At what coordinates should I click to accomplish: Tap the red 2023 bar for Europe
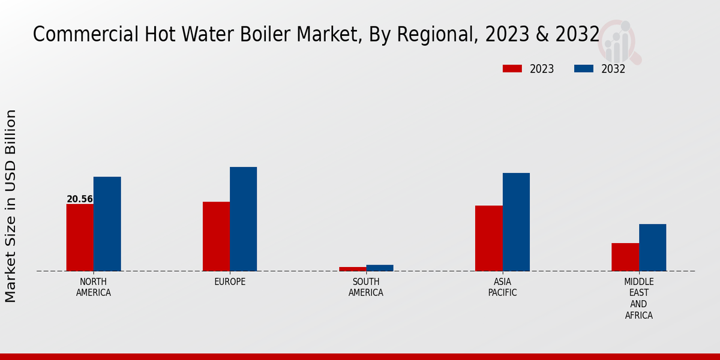pyautogui.click(x=216, y=236)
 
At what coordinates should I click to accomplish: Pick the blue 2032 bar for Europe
pyautogui.click(x=243, y=219)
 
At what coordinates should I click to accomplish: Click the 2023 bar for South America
pyautogui.click(x=352, y=269)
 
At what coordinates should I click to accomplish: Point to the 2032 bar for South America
pyautogui.click(x=380, y=268)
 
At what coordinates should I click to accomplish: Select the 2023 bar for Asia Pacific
pyautogui.click(x=488, y=238)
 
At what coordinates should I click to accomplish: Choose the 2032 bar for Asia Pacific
pyautogui.click(x=516, y=222)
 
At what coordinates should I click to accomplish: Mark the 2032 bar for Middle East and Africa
pyautogui.click(x=652, y=247)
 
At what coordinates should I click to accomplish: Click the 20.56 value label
pyautogui.click(x=80, y=199)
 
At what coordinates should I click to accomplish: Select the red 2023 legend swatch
pyautogui.click(x=512, y=68)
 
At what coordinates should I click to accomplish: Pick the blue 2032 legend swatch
pyautogui.click(x=583, y=68)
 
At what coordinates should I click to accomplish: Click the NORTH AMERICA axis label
pyautogui.click(x=94, y=287)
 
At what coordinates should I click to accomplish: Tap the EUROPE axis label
pyautogui.click(x=230, y=282)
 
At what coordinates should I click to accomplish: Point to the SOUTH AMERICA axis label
pyautogui.click(x=366, y=287)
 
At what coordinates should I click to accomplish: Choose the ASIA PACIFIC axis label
pyautogui.click(x=502, y=287)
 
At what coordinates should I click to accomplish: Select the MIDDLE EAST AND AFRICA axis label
pyautogui.click(x=638, y=298)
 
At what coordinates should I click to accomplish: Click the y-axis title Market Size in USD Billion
pyautogui.click(x=11, y=206)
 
